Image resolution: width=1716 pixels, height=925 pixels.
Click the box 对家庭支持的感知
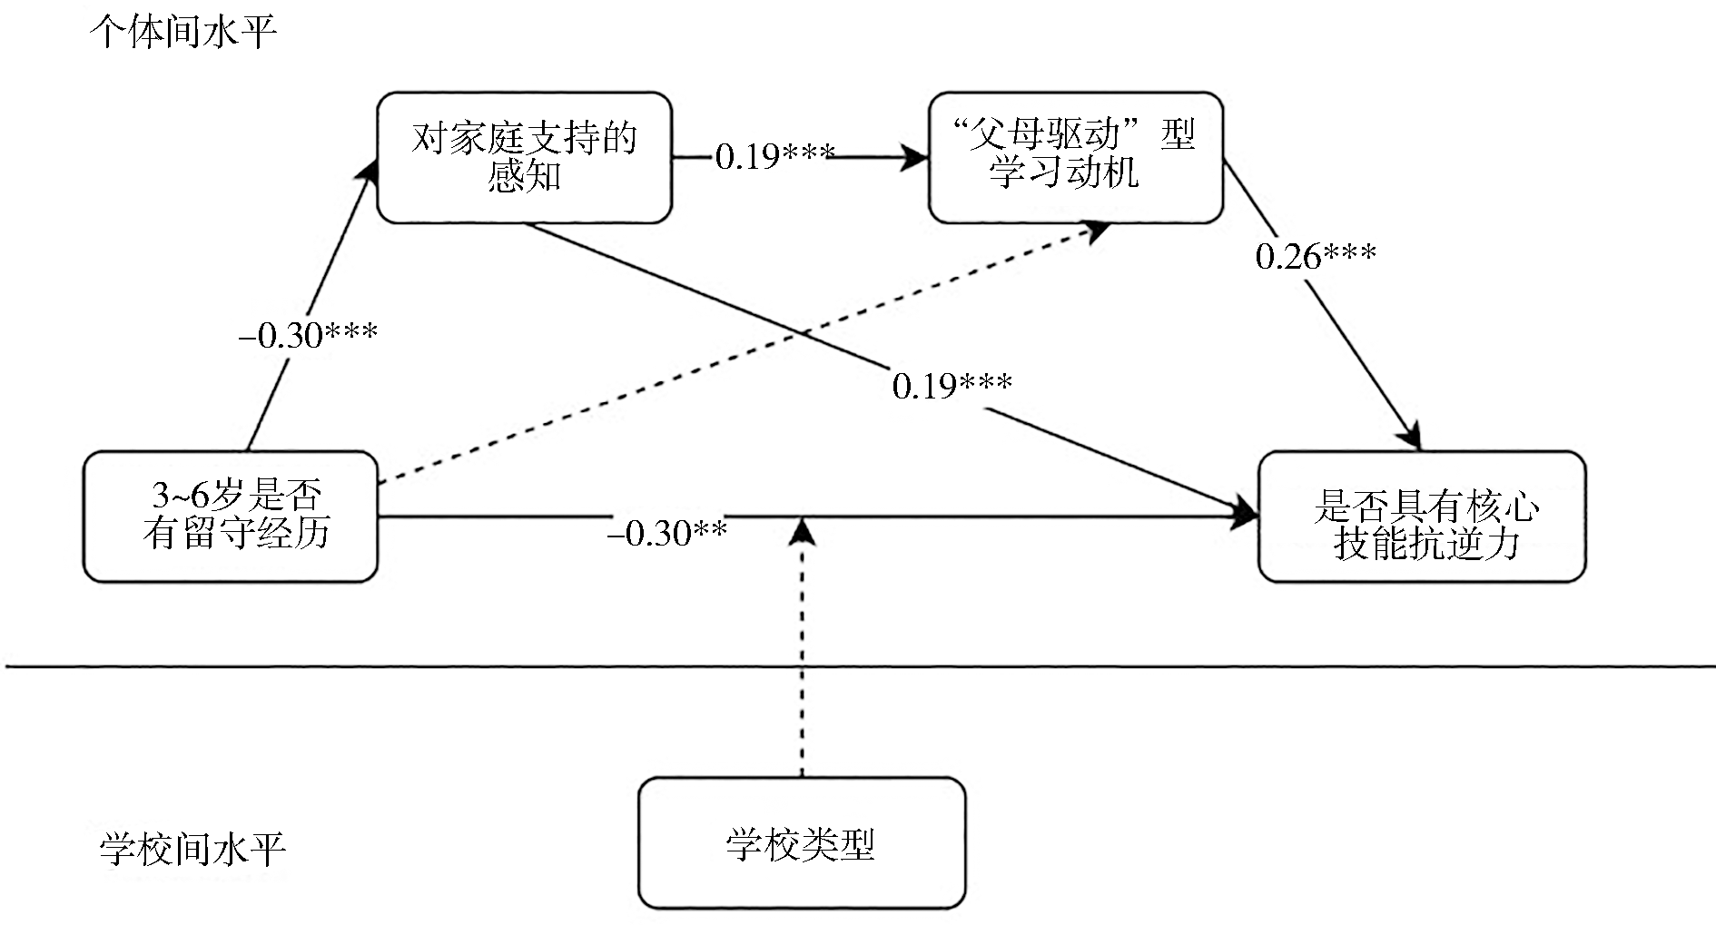click(524, 157)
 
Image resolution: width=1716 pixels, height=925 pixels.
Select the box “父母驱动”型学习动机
click(1076, 157)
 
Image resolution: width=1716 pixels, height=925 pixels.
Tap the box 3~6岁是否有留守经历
click(231, 516)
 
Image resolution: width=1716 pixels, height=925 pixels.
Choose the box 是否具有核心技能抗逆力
click(1421, 516)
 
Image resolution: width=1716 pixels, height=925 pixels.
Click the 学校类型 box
click(801, 843)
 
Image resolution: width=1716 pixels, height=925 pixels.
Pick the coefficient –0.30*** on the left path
click(308, 336)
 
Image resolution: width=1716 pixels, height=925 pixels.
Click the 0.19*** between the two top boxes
click(774, 157)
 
